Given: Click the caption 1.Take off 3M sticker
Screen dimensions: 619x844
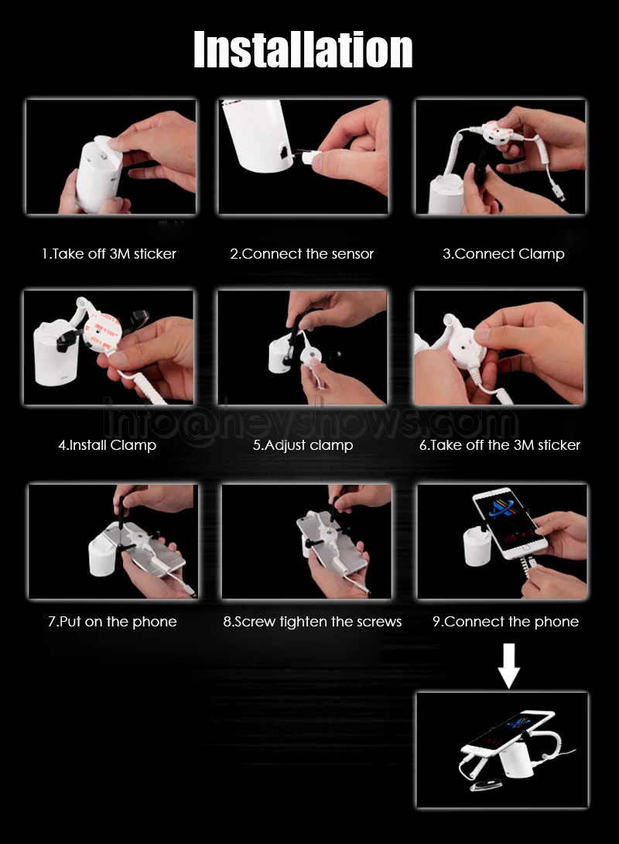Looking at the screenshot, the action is point(109,253).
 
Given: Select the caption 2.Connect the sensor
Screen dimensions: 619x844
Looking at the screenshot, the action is point(302,253).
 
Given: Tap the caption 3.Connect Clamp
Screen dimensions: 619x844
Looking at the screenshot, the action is point(504,254).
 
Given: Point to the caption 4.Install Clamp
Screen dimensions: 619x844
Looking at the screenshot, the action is point(107,445).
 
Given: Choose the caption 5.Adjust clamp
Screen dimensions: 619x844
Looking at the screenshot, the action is point(303,446).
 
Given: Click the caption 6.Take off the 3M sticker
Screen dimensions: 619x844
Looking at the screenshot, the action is point(500,445).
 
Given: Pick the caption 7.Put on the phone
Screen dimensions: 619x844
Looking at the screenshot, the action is point(112,622).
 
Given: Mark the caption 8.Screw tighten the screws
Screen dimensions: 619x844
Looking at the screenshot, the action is point(313,622).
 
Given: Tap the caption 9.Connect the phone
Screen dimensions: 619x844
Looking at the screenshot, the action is point(505,622).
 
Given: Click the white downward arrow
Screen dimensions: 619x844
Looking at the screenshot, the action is point(509,666).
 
